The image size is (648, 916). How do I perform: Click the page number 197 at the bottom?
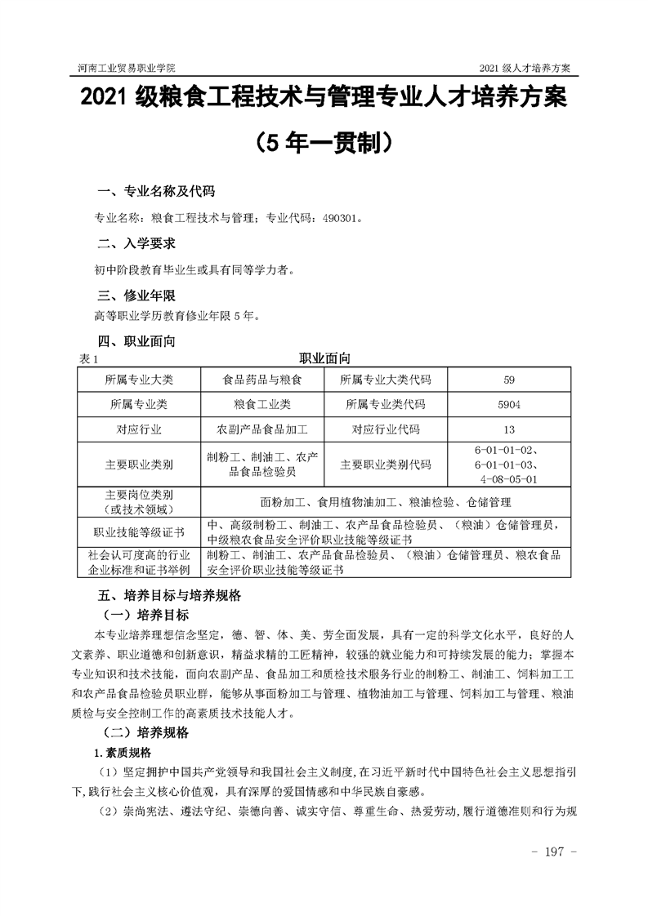pos(554,852)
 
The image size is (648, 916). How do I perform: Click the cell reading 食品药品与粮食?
pos(262,380)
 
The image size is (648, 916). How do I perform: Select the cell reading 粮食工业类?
pos(262,404)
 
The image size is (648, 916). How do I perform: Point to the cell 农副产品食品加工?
pos(262,429)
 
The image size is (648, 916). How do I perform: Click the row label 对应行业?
pos(139,429)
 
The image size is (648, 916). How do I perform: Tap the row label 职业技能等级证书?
pos(139,531)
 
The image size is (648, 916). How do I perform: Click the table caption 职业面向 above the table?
pos(324,358)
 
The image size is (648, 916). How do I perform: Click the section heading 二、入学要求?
pos(136,244)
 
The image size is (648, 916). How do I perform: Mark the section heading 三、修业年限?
pos(136,296)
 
